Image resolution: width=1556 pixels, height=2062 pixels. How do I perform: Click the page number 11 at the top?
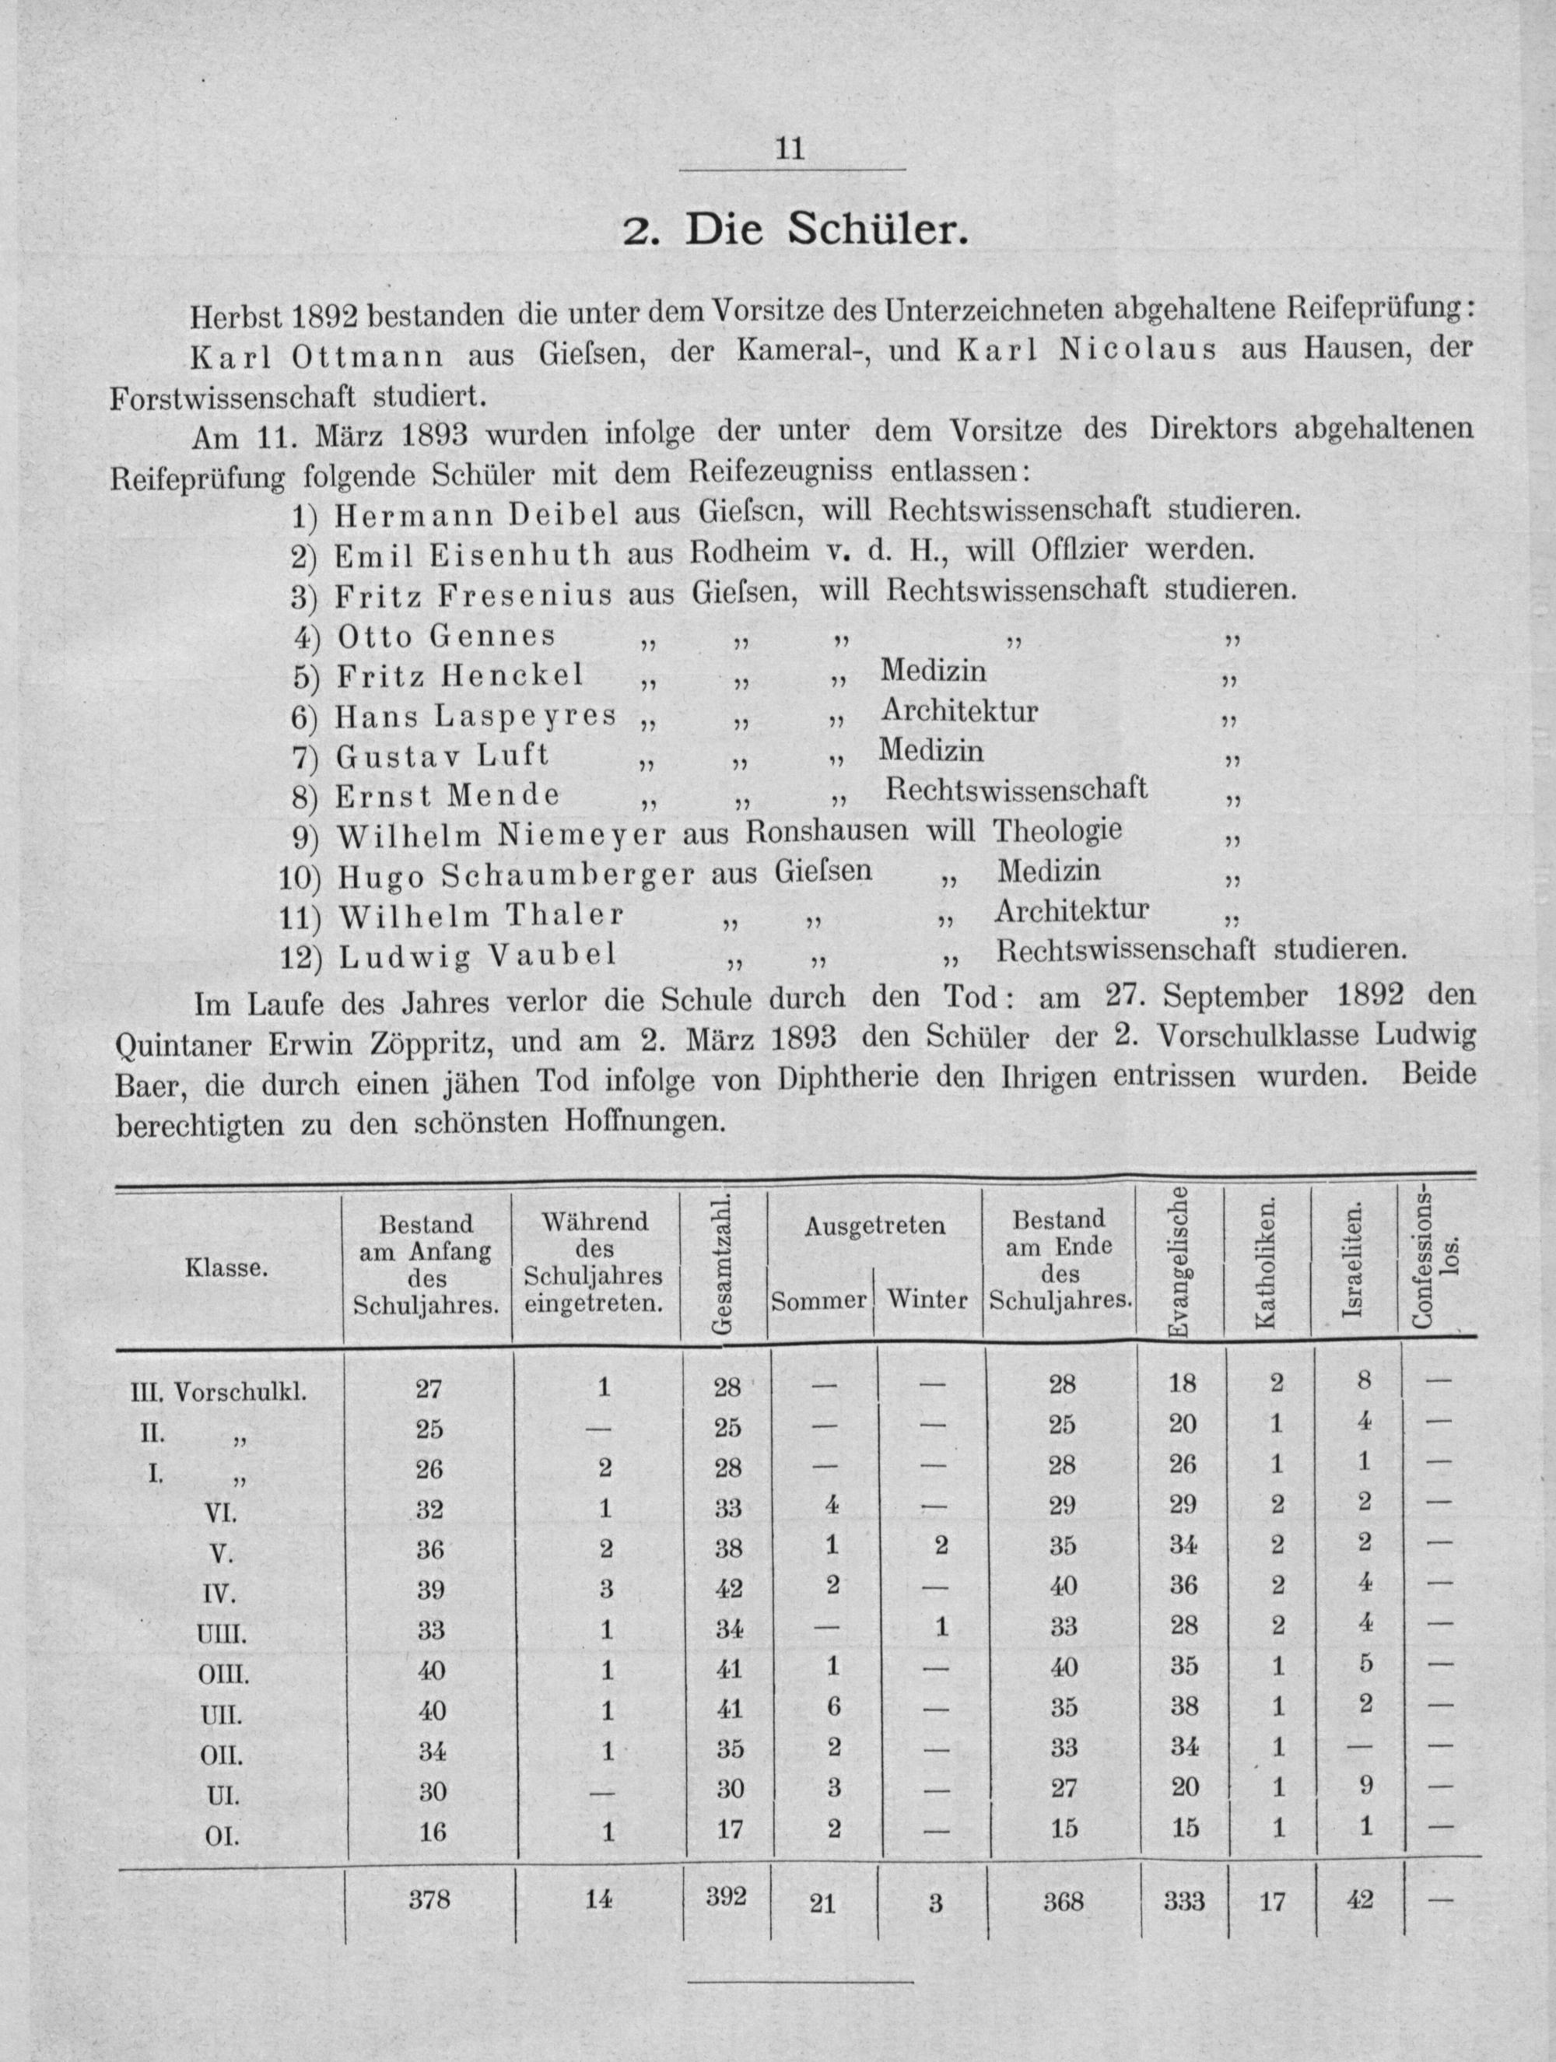tap(789, 150)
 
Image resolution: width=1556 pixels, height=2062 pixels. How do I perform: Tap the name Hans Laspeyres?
tap(475, 716)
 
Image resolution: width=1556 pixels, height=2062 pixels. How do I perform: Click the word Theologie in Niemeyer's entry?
tap(1057, 829)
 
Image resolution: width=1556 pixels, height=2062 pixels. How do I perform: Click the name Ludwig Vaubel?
tap(478, 956)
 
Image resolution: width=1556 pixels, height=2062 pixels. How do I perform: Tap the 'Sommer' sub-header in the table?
tap(818, 1299)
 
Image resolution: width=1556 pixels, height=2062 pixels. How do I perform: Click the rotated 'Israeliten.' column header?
tap(1354, 1257)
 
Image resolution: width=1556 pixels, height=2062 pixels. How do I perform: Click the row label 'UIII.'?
tap(221, 1634)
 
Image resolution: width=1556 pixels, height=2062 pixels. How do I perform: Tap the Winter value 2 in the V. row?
tap(941, 1545)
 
